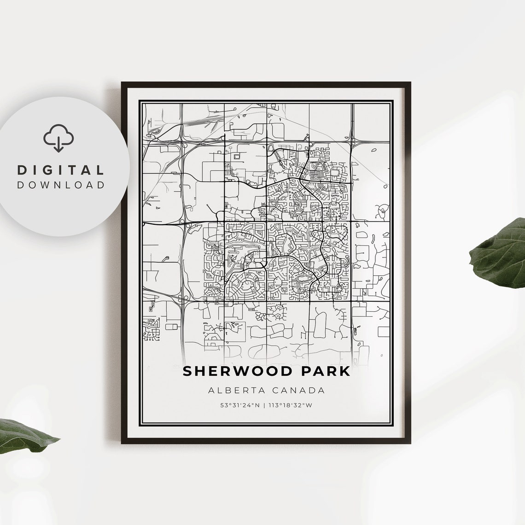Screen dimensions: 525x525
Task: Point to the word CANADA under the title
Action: (x=298, y=391)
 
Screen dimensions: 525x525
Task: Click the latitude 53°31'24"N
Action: (x=240, y=406)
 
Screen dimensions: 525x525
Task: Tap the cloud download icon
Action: (x=58, y=137)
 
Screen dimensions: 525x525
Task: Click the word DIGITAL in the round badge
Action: (x=61, y=170)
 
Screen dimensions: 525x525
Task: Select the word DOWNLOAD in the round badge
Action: (x=61, y=185)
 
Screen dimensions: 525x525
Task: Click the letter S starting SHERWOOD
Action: (x=187, y=371)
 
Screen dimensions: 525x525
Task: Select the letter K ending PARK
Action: (x=345, y=371)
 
